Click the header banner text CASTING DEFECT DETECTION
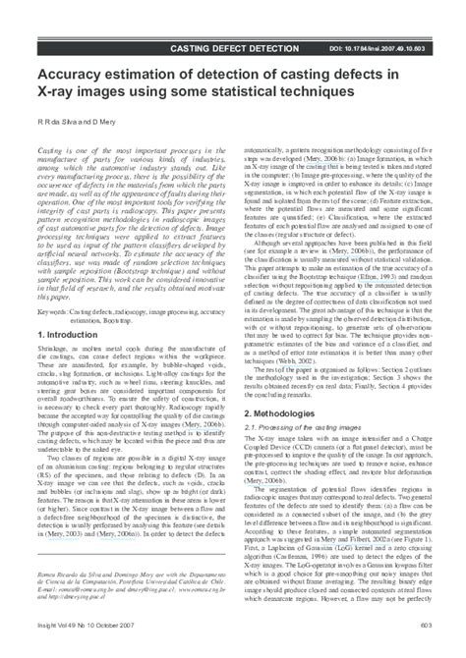[235, 47]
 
